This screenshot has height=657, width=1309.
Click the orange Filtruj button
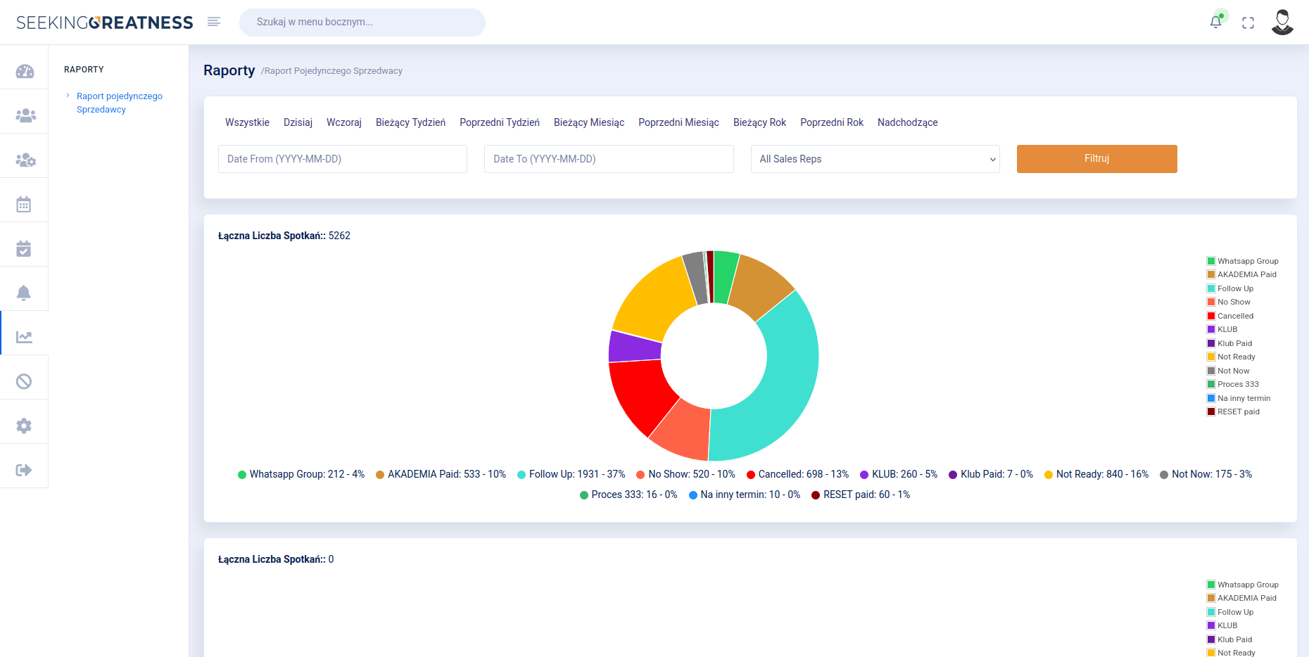(1096, 159)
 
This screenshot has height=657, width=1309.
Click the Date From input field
(343, 159)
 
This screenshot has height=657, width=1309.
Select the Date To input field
(609, 159)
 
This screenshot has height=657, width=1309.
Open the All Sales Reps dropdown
(875, 159)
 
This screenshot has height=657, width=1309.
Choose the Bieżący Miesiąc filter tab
(589, 122)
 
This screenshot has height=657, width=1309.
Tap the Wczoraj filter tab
(344, 122)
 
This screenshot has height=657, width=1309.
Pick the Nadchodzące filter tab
(907, 122)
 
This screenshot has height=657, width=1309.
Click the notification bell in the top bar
(1215, 22)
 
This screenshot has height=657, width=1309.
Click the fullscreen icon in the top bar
(1248, 23)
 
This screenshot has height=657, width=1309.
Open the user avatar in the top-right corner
(1282, 22)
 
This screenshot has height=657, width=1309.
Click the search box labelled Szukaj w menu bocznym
(362, 22)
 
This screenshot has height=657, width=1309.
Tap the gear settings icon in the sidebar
(24, 426)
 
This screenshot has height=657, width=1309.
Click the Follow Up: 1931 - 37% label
(576, 474)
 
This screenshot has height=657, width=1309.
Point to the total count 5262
(339, 236)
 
